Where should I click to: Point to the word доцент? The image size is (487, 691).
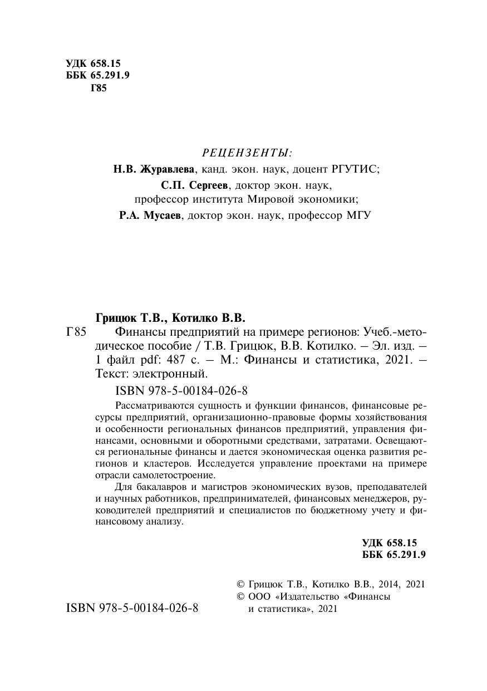(x=308, y=169)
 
